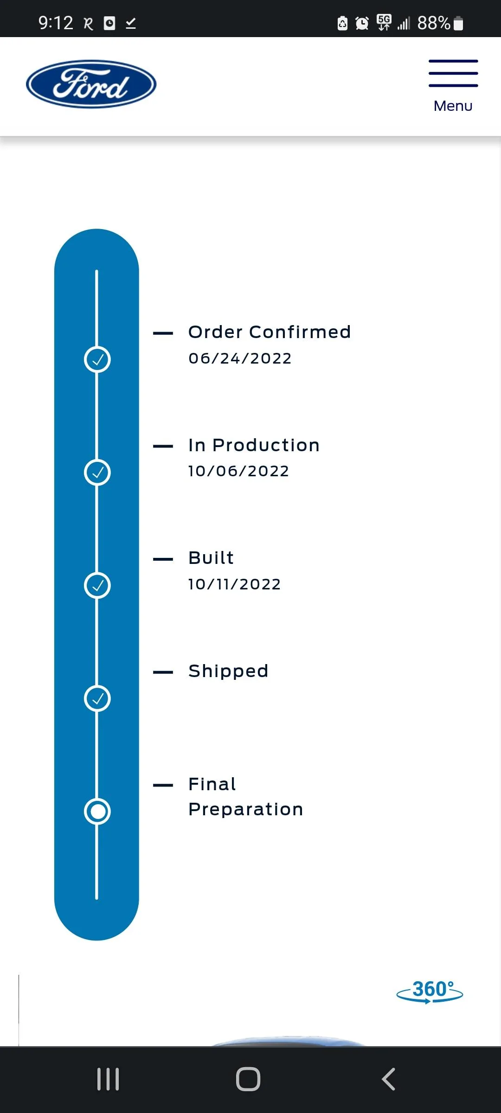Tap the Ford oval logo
pyautogui.click(x=91, y=84)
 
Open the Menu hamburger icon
pyautogui.click(x=453, y=73)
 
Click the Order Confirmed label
pyautogui.click(x=270, y=332)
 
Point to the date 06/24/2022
pyautogui.click(x=240, y=358)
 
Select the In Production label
pyautogui.click(x=254, y=445)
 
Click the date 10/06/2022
pyautogui.click(x=238, y=471)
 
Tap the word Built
pyautogui.click(x=211, y=558)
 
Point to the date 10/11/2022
pyautogui.click(x=234, y=584)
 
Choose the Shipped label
pyautogui.click(x=228, y=672)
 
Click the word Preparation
pyautogui.click(x=246, y=809)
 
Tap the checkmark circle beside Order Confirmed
pyautogui.click(x=97, y=359)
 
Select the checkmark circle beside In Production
pyautogui.click(x=97, y=473)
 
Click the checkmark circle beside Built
pyautogui.click(x=97, y=585)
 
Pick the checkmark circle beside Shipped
pyautogui.click(x=97, y=698)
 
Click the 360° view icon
pyautogui.click(x=430, y=991)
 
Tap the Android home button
pyautogui.click(x=248, y=1079)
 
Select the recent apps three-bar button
pyautogui.click(x=108, y=1079)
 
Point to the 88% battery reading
pyautogui.click(x=434, y=23)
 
